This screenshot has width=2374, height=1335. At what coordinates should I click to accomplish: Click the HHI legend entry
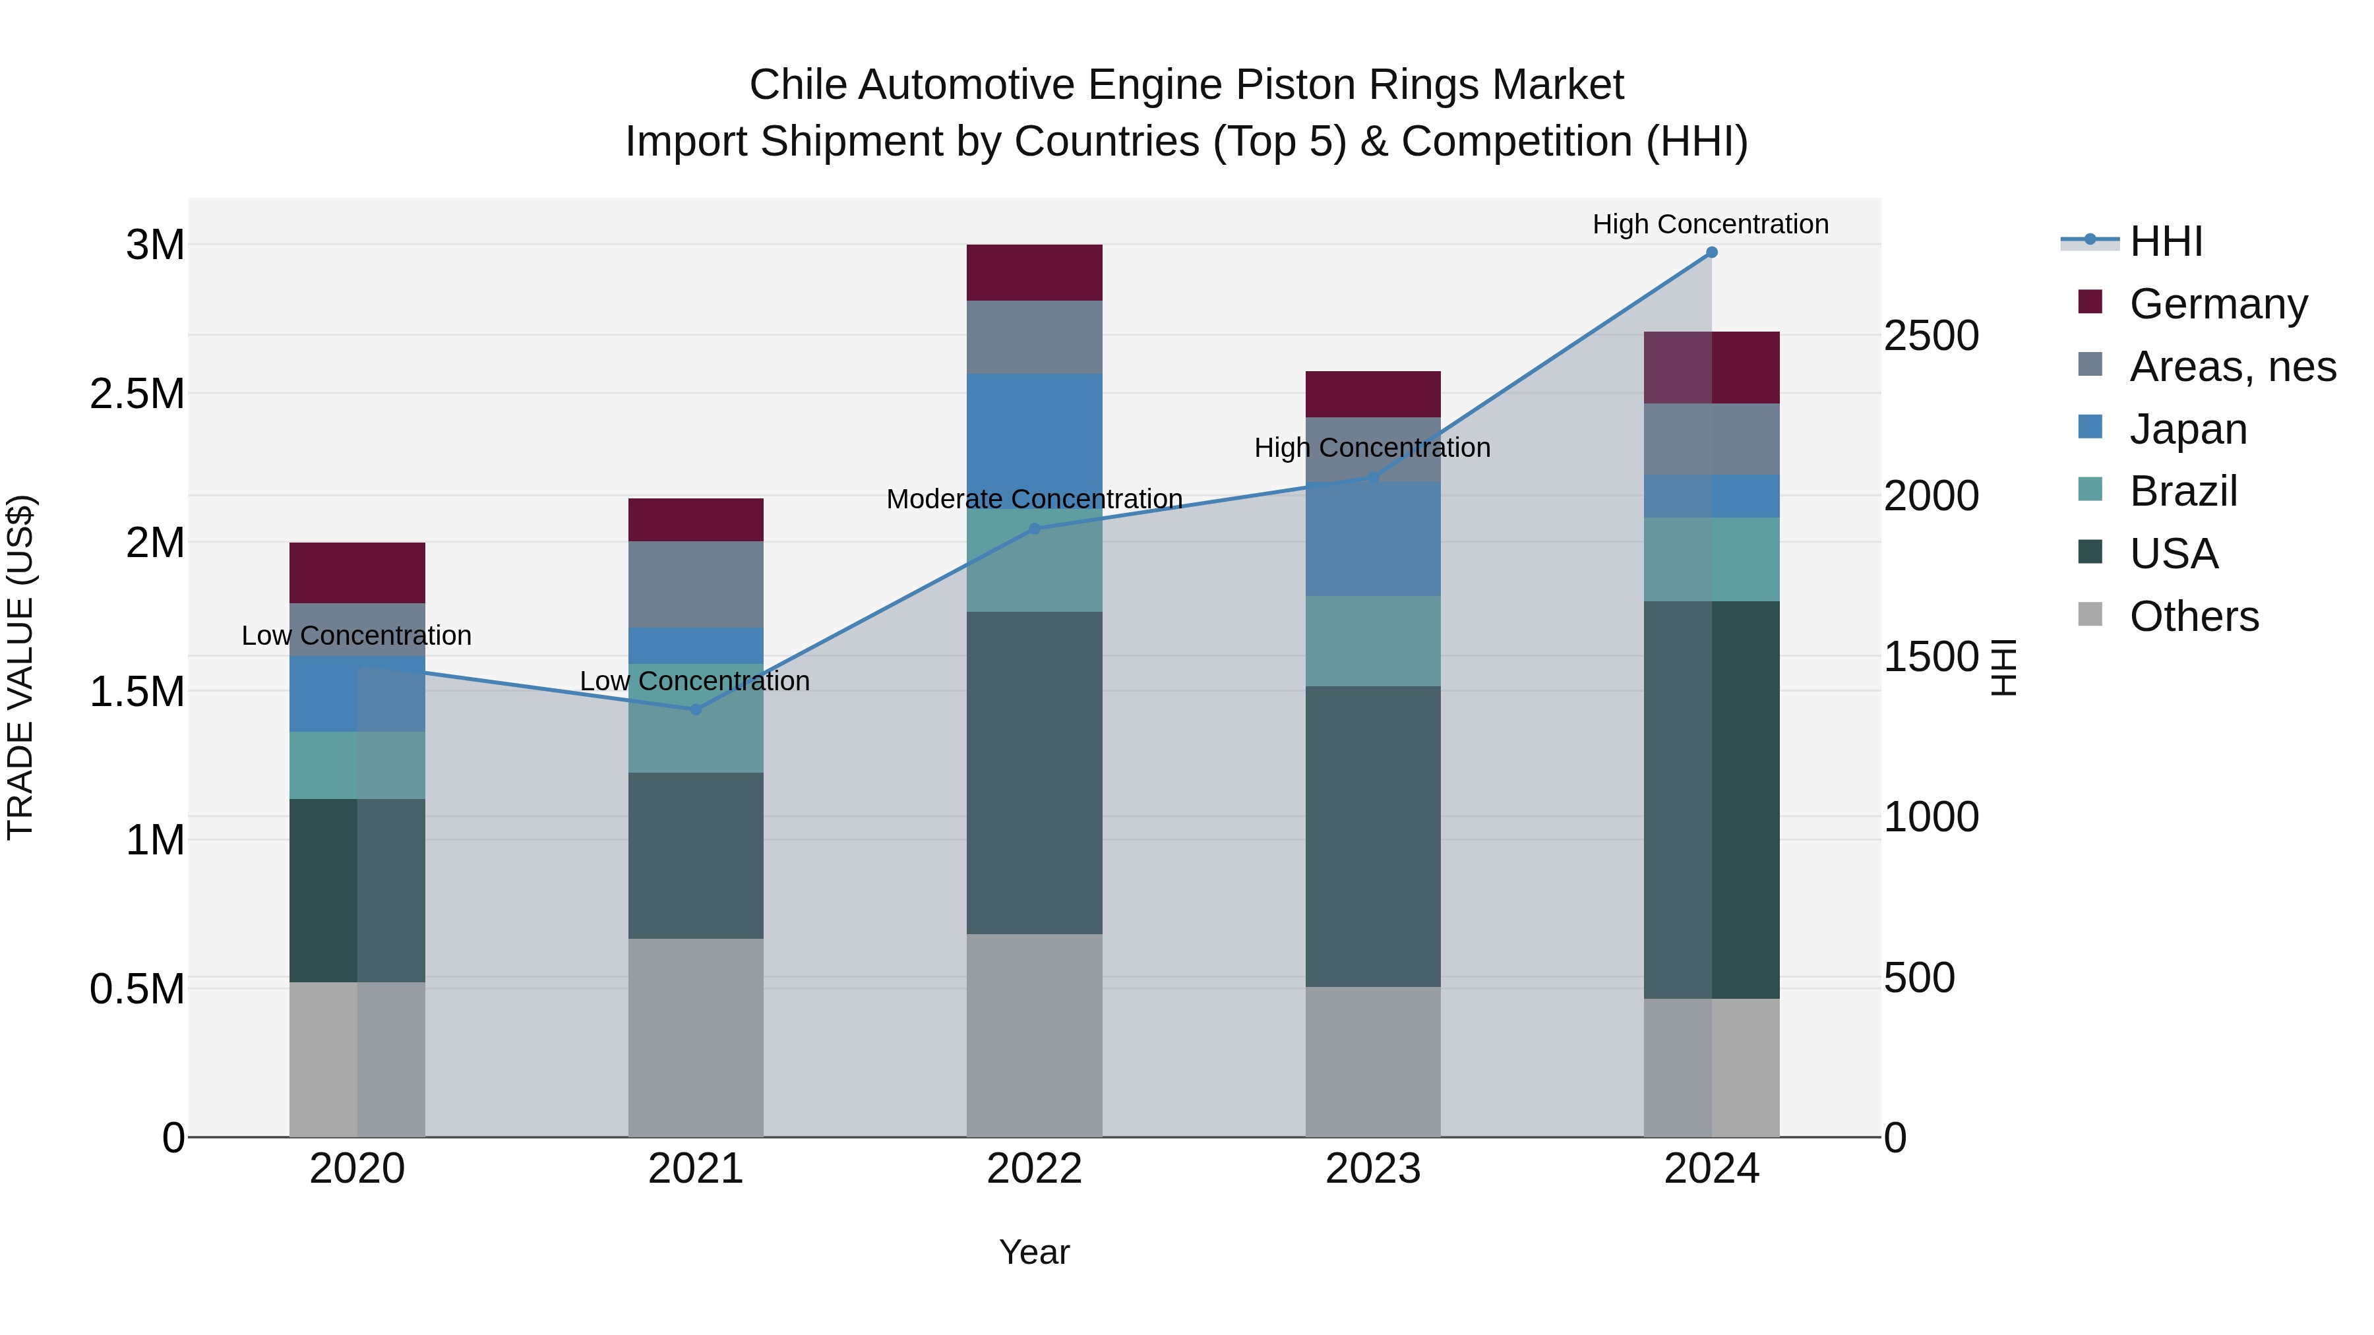[x=2166, y=241]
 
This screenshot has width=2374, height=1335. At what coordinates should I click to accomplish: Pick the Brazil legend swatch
[x=2090, y=489]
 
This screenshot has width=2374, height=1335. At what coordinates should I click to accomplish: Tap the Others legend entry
[x=2193, y=616]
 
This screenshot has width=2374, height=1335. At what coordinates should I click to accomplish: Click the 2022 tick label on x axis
[x=1034, y=1169]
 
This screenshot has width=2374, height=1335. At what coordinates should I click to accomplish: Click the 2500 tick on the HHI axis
[x=1931, y=336]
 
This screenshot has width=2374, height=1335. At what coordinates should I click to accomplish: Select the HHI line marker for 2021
[x=696, y=709]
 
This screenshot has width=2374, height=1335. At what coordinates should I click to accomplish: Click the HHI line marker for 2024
[x=1711, y=252]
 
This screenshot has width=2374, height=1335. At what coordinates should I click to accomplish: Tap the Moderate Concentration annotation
[x=1034, y=499]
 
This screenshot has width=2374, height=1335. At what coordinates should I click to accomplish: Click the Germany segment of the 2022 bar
[x=1034, y=273]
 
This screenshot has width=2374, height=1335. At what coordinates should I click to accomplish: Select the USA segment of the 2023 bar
[x=1372, y=836]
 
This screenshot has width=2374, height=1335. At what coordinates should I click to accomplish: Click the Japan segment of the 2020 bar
[x=322, y=694]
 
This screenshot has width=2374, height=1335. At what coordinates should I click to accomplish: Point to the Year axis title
[x=1034, y=1252]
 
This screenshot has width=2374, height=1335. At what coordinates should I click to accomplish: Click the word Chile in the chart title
[x=797, y=85]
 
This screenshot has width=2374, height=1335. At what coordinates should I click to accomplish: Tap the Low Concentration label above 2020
[x=357, y=636]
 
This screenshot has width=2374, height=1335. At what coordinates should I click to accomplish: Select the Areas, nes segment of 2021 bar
[x=696, y=584]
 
